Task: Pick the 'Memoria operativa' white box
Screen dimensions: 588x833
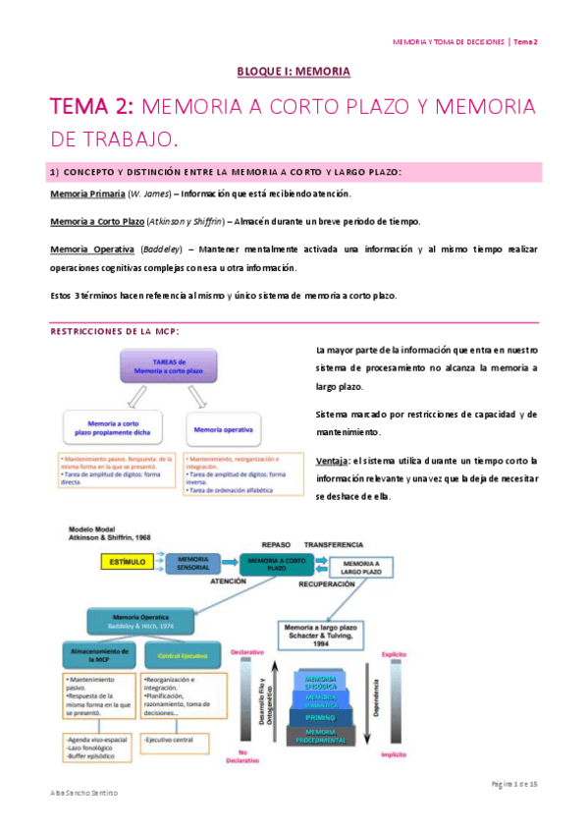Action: pyautogui.click(x=223, y=429)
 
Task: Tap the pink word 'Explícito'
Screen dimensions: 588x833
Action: pyautogui.click(x=396, y=650)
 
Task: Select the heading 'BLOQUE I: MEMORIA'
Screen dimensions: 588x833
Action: pyautogui.click(x=294, y=71)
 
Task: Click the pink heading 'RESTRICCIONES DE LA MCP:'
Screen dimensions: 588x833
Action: pyautogui.click(x=114, y=331)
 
